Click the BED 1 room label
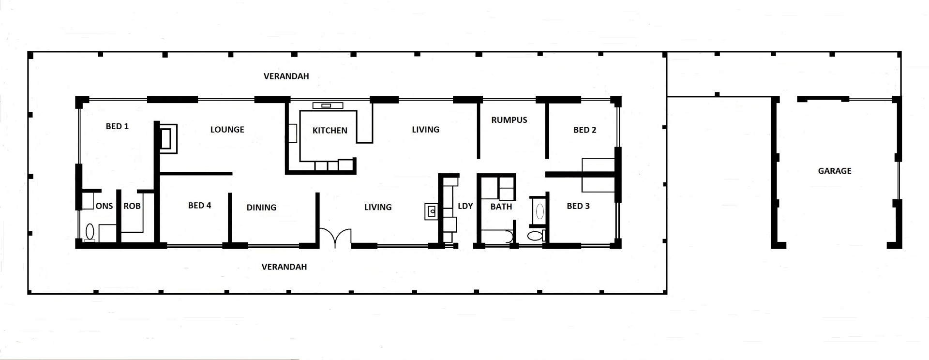117,126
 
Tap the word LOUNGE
227,129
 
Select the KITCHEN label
330,130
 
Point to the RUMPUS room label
509,120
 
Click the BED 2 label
584,130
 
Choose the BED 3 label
578,206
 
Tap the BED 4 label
199,205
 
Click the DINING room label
261,207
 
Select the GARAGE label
835,170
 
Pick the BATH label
501,207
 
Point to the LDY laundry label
465,206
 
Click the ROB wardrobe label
132,206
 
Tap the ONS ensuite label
104,206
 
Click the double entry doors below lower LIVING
335,237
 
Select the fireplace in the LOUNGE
168,138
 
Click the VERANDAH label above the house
286,76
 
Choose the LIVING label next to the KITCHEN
425,129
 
